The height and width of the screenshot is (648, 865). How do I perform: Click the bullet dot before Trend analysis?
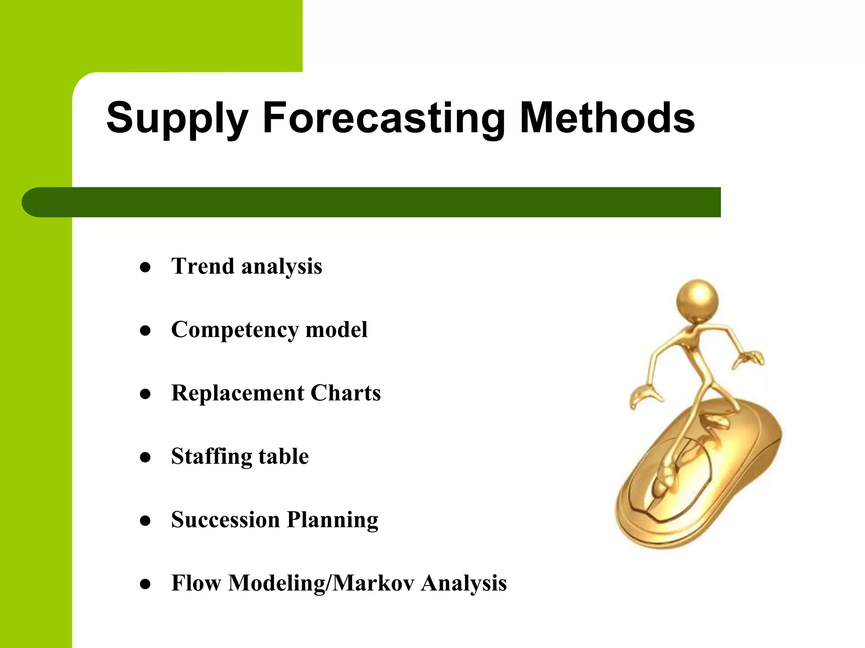click(145, 267)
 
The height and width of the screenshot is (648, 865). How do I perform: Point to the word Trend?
click(203, 267)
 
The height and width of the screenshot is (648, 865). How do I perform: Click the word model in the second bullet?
click(336, 329)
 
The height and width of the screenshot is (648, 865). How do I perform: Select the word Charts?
click(345, 393)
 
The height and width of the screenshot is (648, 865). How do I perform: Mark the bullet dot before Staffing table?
click(145, 457)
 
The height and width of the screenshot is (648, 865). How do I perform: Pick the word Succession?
click(226, 520)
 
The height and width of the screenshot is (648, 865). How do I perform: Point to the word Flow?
click(196, 583)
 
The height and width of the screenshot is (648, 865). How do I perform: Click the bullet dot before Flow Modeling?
click(145, 584)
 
